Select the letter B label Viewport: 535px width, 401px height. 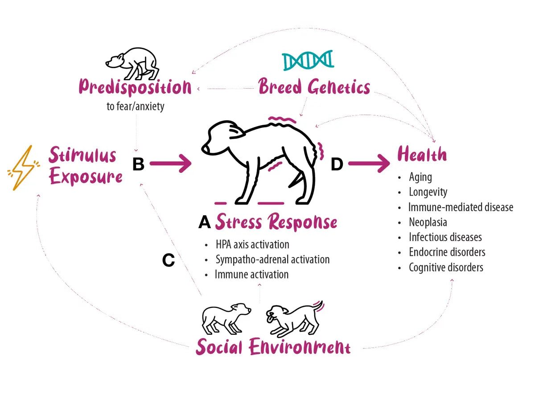click(x=138, y=164)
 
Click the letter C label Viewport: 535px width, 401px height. click(x=168, y=260)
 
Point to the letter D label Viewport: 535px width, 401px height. click(x=337, y=164)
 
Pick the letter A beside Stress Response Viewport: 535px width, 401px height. click(x=204, y=222)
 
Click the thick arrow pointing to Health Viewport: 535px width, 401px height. click(x=369, y=164)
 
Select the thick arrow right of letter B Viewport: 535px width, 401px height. click(x=170, y=164)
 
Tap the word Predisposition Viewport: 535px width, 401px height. click(x=135, y=87)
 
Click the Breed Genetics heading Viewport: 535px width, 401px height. click(x=314, y=87)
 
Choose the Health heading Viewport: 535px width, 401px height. click(x=422, y=155)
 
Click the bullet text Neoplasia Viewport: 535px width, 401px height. click(x=428, y=222)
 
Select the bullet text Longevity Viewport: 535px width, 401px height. click(x=428, y=192)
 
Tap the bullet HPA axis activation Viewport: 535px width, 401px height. click(x=252, y=245)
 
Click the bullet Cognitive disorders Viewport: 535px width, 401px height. click(x=446, y=267)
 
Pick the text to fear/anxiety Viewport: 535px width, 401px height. click(x=135, y=107)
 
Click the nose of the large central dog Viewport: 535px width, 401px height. click(x=205, y=148)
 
